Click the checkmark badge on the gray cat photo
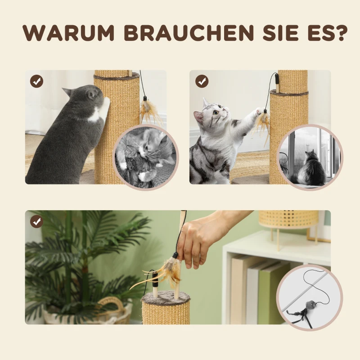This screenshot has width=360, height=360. pos(36,81)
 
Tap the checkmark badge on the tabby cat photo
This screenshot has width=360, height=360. pos(202,81)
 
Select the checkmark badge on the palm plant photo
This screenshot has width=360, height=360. pos(36,222)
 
